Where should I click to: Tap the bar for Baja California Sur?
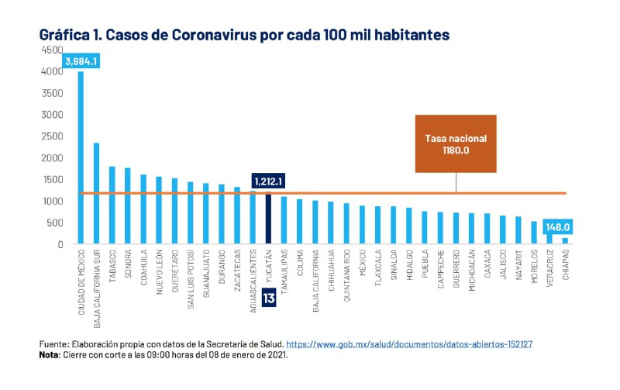tap(96, 194)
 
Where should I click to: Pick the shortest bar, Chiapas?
tap(564, 241)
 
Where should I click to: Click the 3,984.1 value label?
tap(81, 61)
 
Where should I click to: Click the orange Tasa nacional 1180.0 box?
tap(455, 143)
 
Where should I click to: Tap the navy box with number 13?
tap(269, 297)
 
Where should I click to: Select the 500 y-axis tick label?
tap(54, 223)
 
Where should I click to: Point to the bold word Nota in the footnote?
tap(50, 354)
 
